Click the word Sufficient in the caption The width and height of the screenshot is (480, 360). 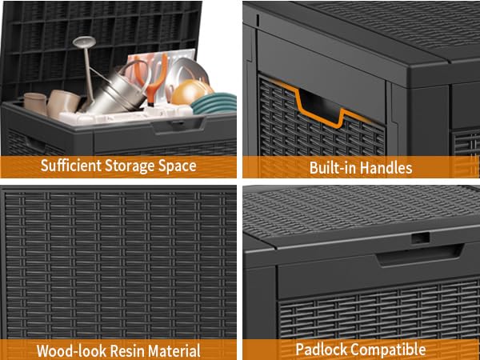coord(71,166)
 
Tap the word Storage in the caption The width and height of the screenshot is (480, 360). coord(130,166)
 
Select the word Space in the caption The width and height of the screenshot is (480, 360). coord(178,166)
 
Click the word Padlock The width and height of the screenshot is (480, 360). coord(322,350)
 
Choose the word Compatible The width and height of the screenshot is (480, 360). coord(388,350)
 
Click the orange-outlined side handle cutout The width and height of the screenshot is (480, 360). coord(322,105)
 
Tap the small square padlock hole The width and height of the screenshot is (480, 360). coord(420,238)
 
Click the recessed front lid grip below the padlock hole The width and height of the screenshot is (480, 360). coord(419,254)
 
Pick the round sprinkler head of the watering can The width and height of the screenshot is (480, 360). coord(84,41)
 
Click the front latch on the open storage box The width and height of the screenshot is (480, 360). coord(178,124)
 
